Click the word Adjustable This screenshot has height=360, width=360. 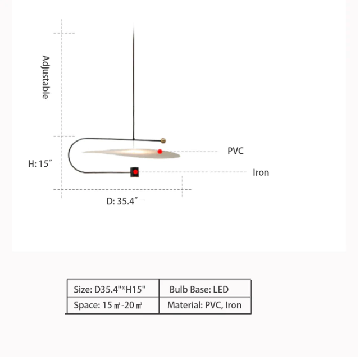pos(45,77)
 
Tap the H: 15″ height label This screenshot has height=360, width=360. pos(40,163)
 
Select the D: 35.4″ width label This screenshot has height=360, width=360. pos(122,201)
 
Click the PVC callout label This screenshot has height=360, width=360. pos(235,151)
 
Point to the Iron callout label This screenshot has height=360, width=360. pos(261,172)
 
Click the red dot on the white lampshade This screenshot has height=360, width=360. pos(160,152)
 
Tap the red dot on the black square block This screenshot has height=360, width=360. pos(135,172)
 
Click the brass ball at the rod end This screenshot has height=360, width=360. pos(163,141)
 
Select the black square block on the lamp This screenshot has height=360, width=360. pos(135,172)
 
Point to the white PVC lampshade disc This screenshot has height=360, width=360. pos(131,153)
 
